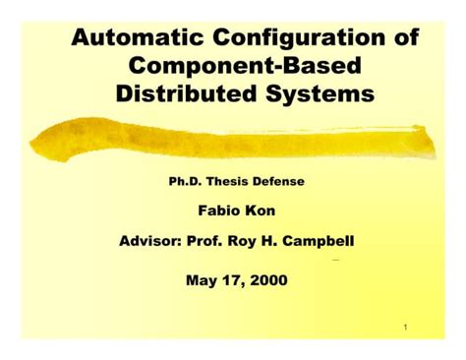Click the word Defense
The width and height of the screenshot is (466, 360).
click(x=284, y=181)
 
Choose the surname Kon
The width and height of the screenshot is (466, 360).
click(x=262, y=210)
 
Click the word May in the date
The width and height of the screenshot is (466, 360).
click(x=203, y=280)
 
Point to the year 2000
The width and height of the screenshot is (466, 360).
click(x=268, y=280)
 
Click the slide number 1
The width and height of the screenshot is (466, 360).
click(x=405, y=326)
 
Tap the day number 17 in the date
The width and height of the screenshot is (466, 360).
click(x=233, y=280)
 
